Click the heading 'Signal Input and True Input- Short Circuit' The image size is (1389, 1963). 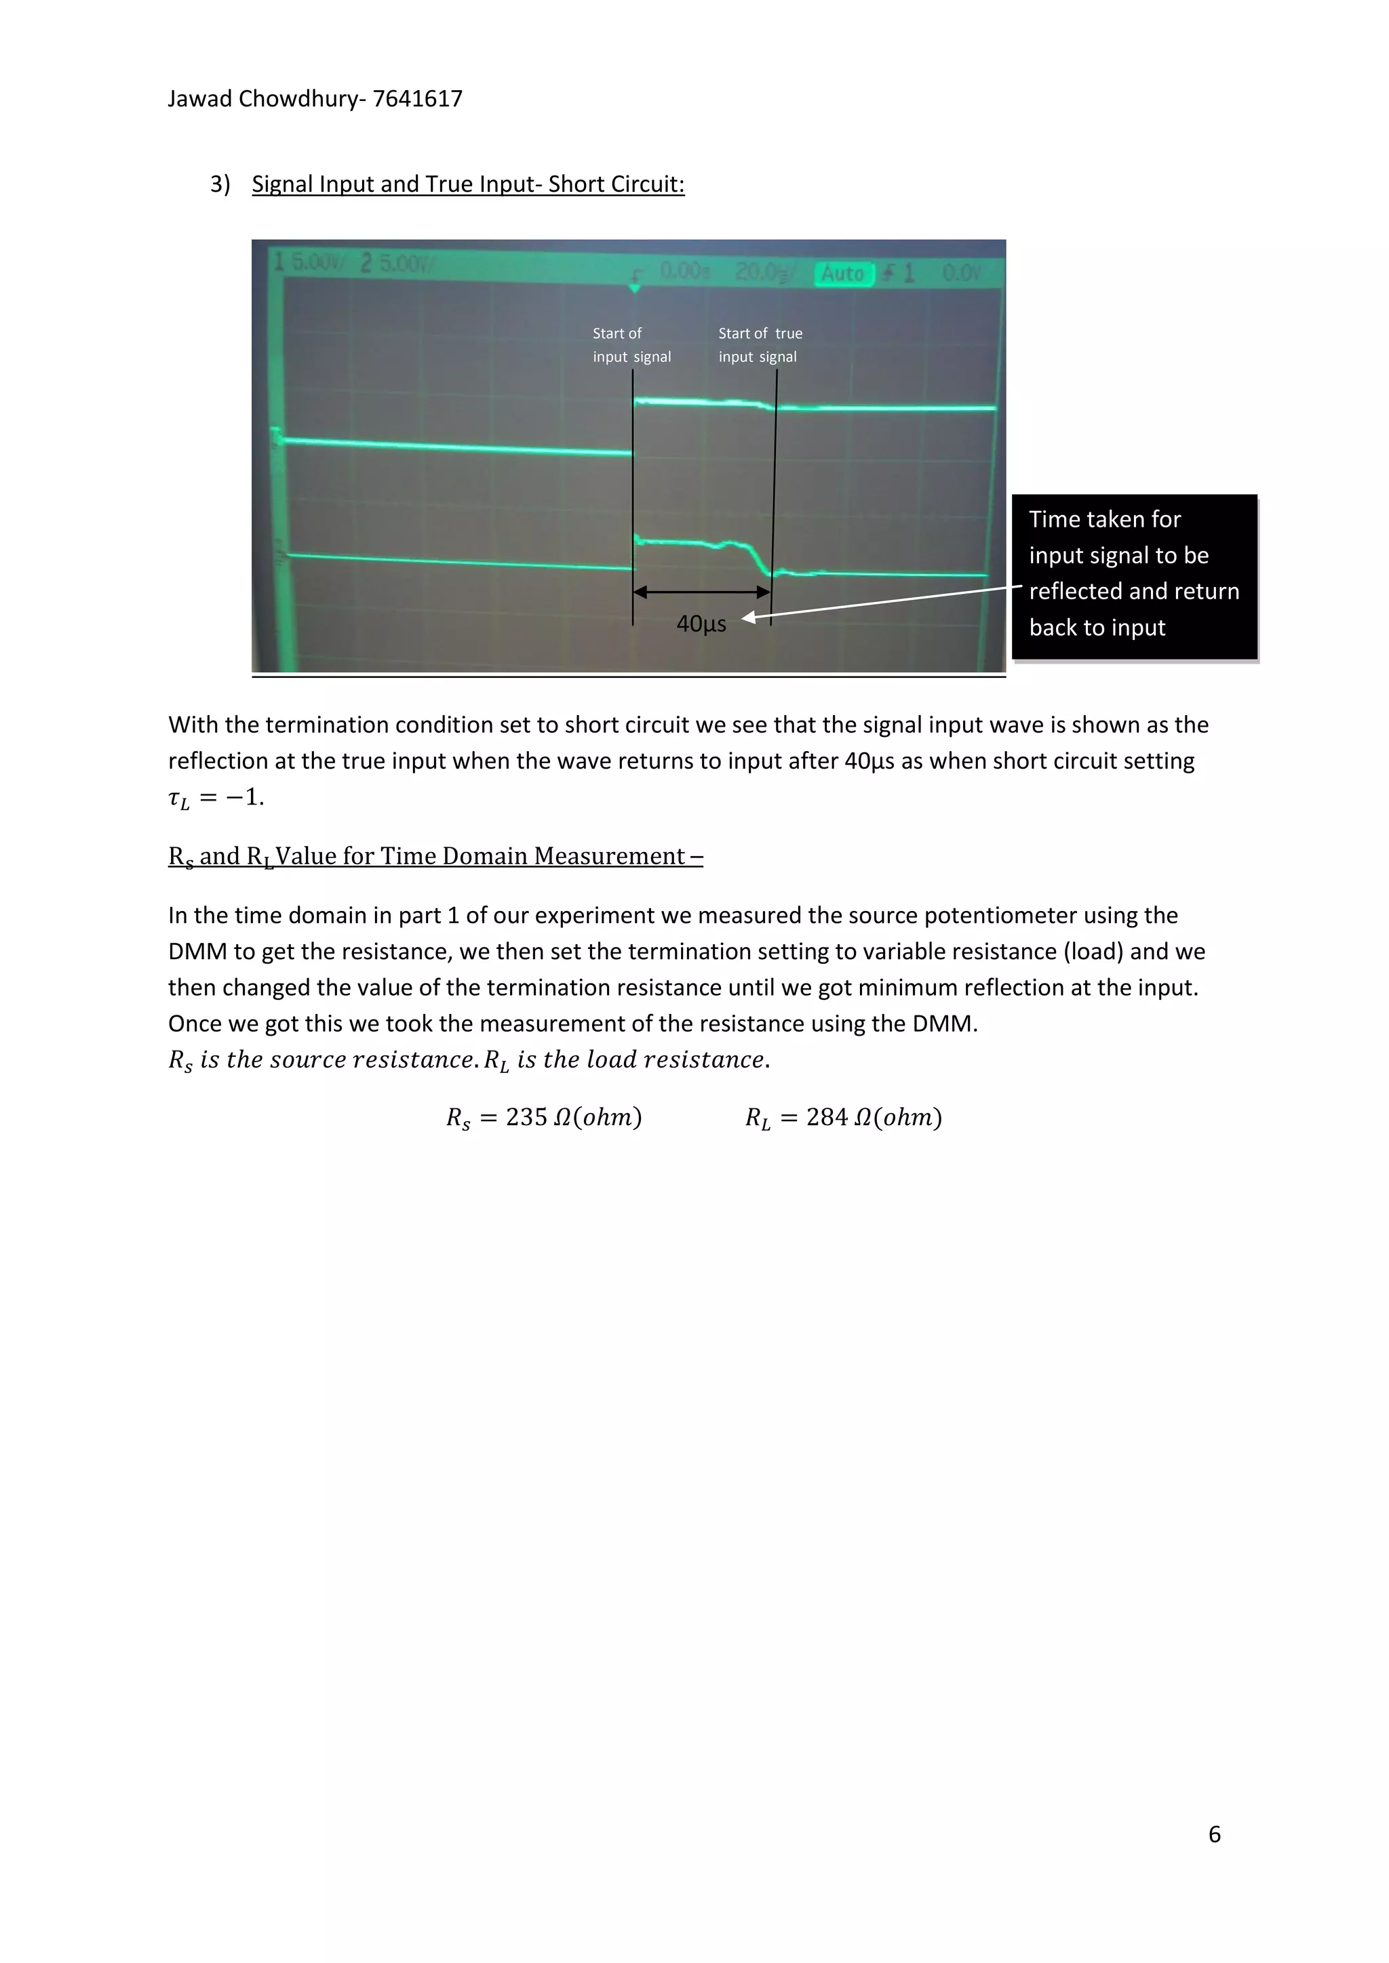(468, 184)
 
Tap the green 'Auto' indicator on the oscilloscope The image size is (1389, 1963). (842, 274)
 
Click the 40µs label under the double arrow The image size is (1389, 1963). (701, 624)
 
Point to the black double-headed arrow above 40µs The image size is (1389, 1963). (701, 592)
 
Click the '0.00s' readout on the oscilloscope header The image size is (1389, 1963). (684, 271)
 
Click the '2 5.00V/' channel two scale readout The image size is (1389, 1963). (397, 264)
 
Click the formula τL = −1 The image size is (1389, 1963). (216, 798)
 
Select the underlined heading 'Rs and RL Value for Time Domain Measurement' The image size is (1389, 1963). (435, 857)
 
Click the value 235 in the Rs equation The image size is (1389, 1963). (526, 1118)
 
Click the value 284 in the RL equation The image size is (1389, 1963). (826, 1118)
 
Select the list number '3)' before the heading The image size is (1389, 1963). (220, 184)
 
